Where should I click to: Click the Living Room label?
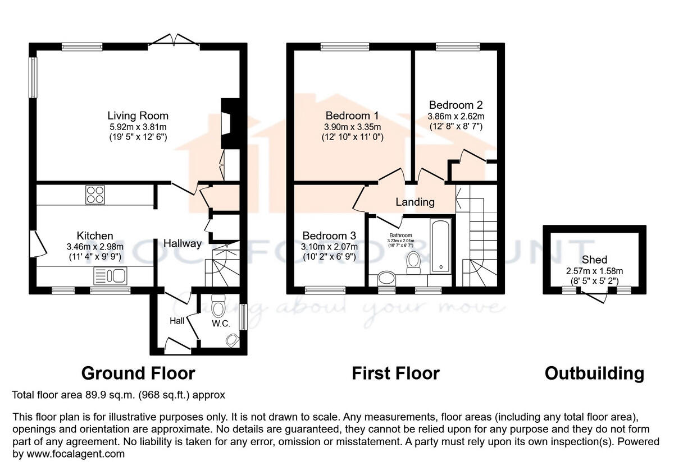tap(138, 116)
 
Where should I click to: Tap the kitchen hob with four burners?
tap(94, 195)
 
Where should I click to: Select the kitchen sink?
tap(111, 275)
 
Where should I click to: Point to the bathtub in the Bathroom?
tap(439, 245)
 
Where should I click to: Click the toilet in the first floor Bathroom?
tap(414, 261)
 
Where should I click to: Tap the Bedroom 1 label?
tap(352, 116)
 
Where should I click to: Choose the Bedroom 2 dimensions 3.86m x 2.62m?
tap(456, 116)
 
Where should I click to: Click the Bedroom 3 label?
tap(329, 235)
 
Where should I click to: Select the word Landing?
tap(415, 202)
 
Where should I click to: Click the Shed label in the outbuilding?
tap(594, 260)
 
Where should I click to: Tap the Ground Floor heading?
tap(138, 373)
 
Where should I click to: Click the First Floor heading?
tap(395, 373)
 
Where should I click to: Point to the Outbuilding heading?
tap(594, 373)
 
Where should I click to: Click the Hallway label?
tap(183, 243)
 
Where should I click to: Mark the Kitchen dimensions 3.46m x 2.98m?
tap(95, 246)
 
